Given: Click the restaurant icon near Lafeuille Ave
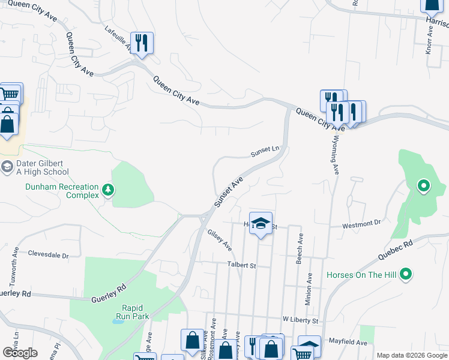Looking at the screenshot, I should pyautogui.click(x=142, y=43).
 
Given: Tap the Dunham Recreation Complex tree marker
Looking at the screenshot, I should pyautogui.click(x=108, y=190).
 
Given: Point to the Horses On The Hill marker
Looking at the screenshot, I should pyautogui.click(x=406, y=274).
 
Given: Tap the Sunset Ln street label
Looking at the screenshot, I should pyautogui.click(x=265, y=151).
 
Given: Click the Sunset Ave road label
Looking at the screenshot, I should pyautogui.click(x=229, y=191).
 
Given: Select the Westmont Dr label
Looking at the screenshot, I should pyautogui.click(x=361, y=225).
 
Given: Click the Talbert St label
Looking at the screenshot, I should pyautogui.click(x=241, y=265).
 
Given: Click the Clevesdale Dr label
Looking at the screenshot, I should pyautogui.click(x=49, y=255).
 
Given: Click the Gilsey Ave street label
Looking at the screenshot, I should pyautogui.click(x=219, y=239).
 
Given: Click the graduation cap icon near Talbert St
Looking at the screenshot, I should pyautogui.click(x=261, y=223).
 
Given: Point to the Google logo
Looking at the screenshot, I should pyautogui.click(x=20, y=352).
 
